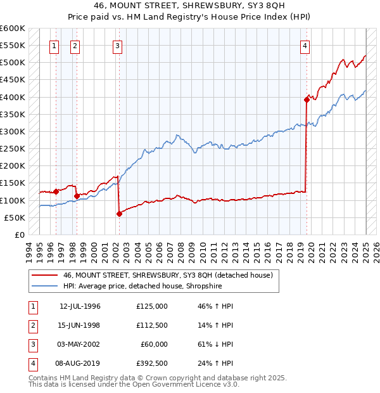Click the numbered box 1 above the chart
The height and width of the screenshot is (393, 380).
(54, 45)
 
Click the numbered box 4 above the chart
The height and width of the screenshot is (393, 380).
(305, 45)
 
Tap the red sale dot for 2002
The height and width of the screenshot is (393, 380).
(119, 214)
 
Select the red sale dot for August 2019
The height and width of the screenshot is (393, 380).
(307, 100)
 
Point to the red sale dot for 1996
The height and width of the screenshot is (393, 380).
(56, 191)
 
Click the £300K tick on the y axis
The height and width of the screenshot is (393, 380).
(13, 131)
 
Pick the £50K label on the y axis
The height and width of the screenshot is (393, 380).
(15, 217)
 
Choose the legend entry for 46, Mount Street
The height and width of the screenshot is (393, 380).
(167, 275)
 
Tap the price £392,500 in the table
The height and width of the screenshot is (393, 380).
(151, 363)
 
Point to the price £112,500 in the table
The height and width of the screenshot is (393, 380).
(151, 325)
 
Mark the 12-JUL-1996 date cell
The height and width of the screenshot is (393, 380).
(80, 306)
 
